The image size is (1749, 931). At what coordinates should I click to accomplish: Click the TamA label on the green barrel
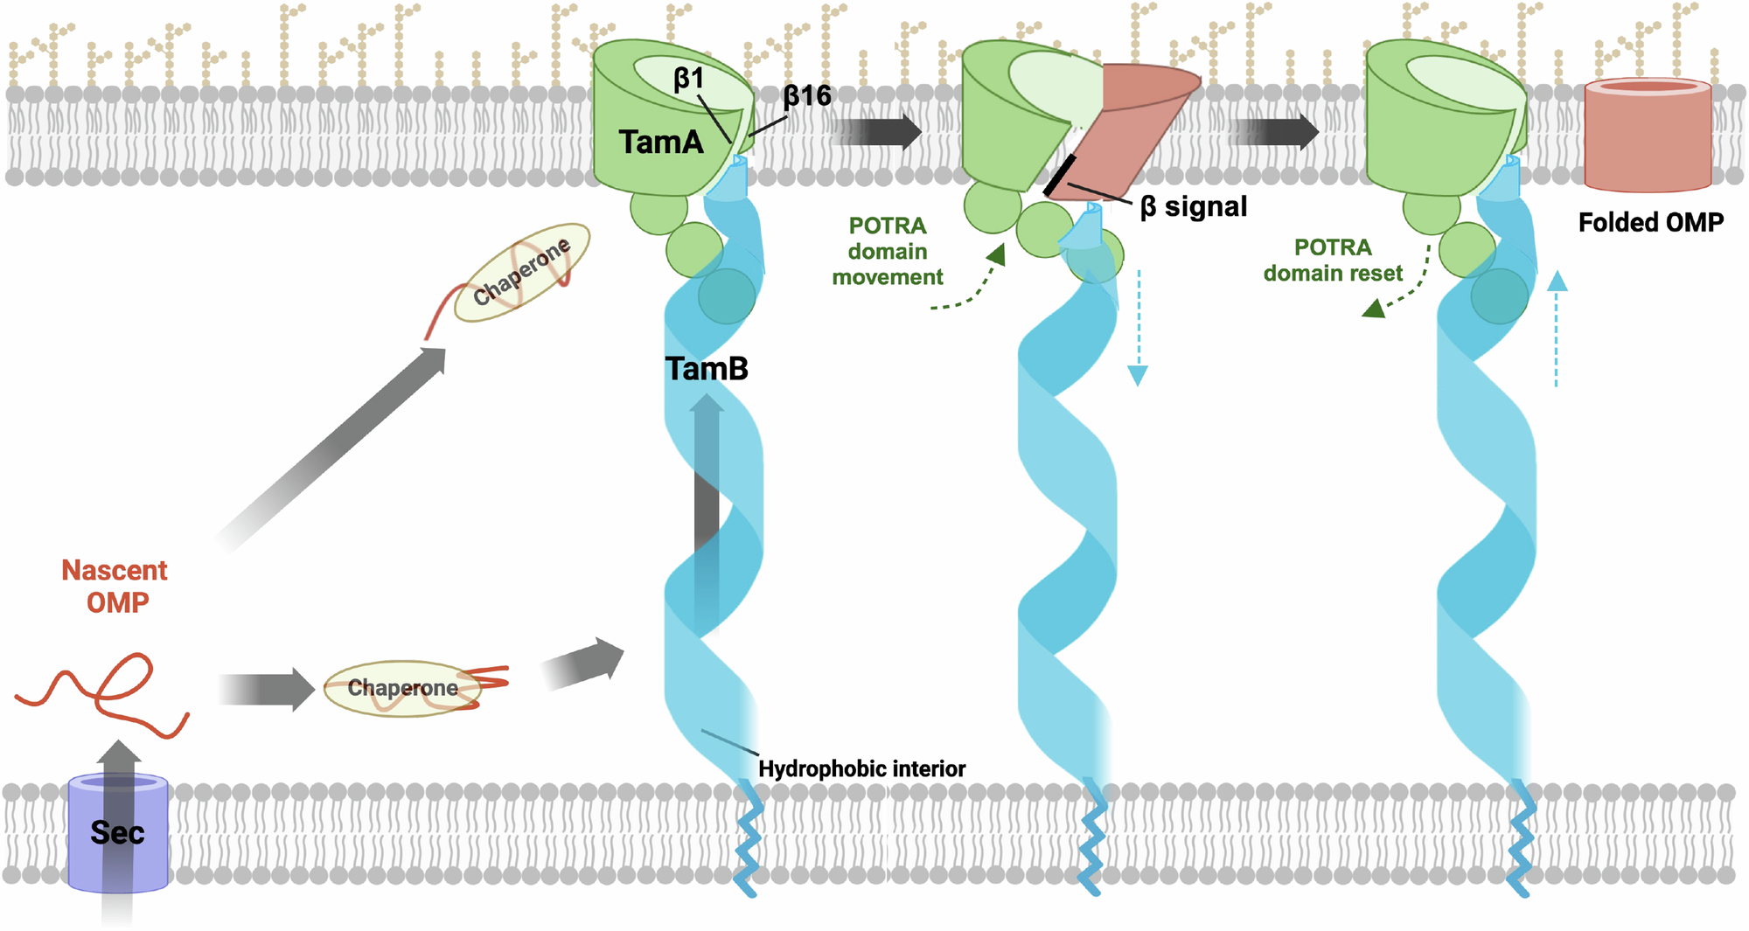661,142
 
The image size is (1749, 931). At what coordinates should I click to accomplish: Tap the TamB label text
707,369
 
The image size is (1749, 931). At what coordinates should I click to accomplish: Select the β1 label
688,80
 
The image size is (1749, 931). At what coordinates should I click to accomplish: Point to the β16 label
806,96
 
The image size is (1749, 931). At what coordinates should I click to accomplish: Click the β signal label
1194,207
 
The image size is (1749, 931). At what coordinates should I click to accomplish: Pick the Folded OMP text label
1650,223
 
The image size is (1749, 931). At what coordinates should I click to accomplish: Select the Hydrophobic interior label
861,769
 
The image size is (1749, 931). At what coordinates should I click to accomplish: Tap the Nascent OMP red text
115,586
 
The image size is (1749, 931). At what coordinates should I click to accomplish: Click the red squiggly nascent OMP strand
101,691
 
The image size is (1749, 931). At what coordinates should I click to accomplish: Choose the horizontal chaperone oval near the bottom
402,689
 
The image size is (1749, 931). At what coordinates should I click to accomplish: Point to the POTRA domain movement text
887,252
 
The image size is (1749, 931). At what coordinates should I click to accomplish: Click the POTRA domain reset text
1332,261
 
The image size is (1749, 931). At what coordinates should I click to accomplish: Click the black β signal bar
1060,175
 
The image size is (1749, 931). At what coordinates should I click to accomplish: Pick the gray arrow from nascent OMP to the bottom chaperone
266,689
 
